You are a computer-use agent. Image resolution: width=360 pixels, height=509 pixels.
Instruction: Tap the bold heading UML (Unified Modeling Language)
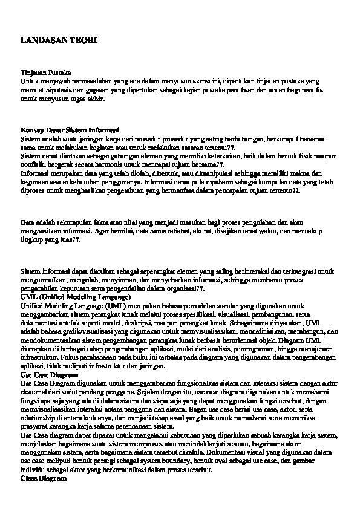75,298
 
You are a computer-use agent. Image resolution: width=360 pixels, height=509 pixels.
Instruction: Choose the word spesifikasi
197,315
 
